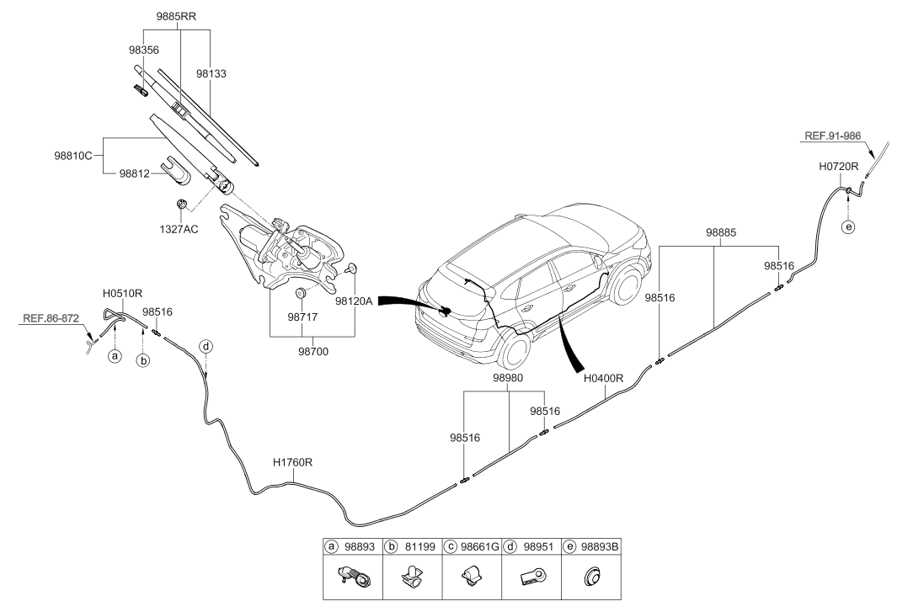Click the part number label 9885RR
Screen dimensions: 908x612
tap(176, 17)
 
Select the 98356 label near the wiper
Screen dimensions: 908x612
tap(143, 51)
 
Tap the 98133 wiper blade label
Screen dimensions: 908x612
tap(211, 73)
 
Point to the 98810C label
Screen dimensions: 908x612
tap(73, 156)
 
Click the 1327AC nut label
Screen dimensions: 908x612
tap(179, 229)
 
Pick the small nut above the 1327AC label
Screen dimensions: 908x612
tap(181, 204)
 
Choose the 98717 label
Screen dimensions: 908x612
tap(302, 317)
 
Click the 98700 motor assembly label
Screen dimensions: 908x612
tap(313, 351)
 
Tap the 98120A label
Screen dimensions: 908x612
tap(354, 301)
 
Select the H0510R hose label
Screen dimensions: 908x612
tap(122, 294)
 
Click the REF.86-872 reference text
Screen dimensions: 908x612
tap(51, 318)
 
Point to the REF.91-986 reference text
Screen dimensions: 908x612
tap(833, 136)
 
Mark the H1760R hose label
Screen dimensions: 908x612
tap(292, 463)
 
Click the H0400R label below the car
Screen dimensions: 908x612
tap(603, 379)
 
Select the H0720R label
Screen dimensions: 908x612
tap(839, 167)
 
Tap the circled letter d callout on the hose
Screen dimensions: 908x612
tap(206, 347)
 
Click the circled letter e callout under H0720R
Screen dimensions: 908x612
tap(848, 227)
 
